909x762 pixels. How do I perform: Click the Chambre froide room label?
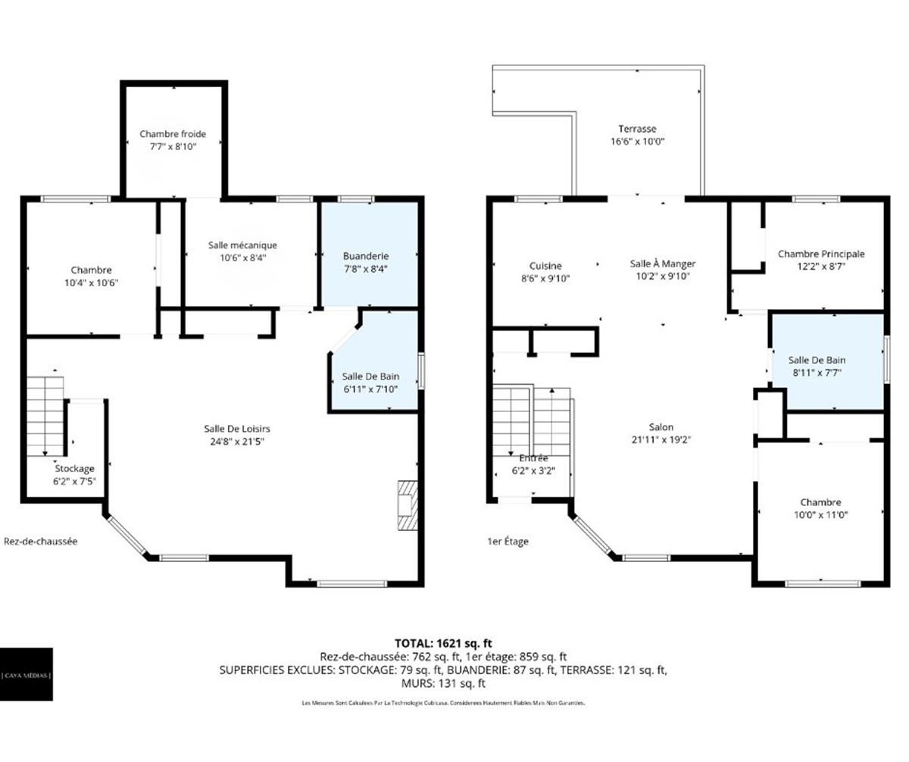pyautogui.click(x=173, y=134)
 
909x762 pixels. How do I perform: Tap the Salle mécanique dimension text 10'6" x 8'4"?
pyautogui.click(x=242, y=258)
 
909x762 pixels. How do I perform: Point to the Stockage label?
pyautogui.click(x=74, y=469)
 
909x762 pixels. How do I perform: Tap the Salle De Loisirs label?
pyautogui.click(x=237, y=428)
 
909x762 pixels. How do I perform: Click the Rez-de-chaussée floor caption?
pyautogui.click(x=41, y=541)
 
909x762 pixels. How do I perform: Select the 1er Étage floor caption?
pyautogui.click(x=508, y=541)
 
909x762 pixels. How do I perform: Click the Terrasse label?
pyautogui.click(x=637, y=129)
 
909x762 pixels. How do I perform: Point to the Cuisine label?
pyautogui.click(x=545, y=266)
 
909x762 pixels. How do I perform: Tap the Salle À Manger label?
pyautogui.click(x=663, y=264)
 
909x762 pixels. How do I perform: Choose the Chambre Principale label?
pyautogui.click(x=821, y=254)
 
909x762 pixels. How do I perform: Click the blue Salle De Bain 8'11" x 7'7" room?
pyautogui.click(x=826, y=364)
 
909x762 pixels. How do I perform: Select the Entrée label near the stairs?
pyautogui.click(x=533, y=458)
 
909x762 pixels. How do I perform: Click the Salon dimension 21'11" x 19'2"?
pyautogui.click(x=661, y=439)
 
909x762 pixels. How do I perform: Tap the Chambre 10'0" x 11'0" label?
pyautogui.click(x=820, y=502)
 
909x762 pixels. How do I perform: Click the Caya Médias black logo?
pyautogui.click(x=27, y=674)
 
